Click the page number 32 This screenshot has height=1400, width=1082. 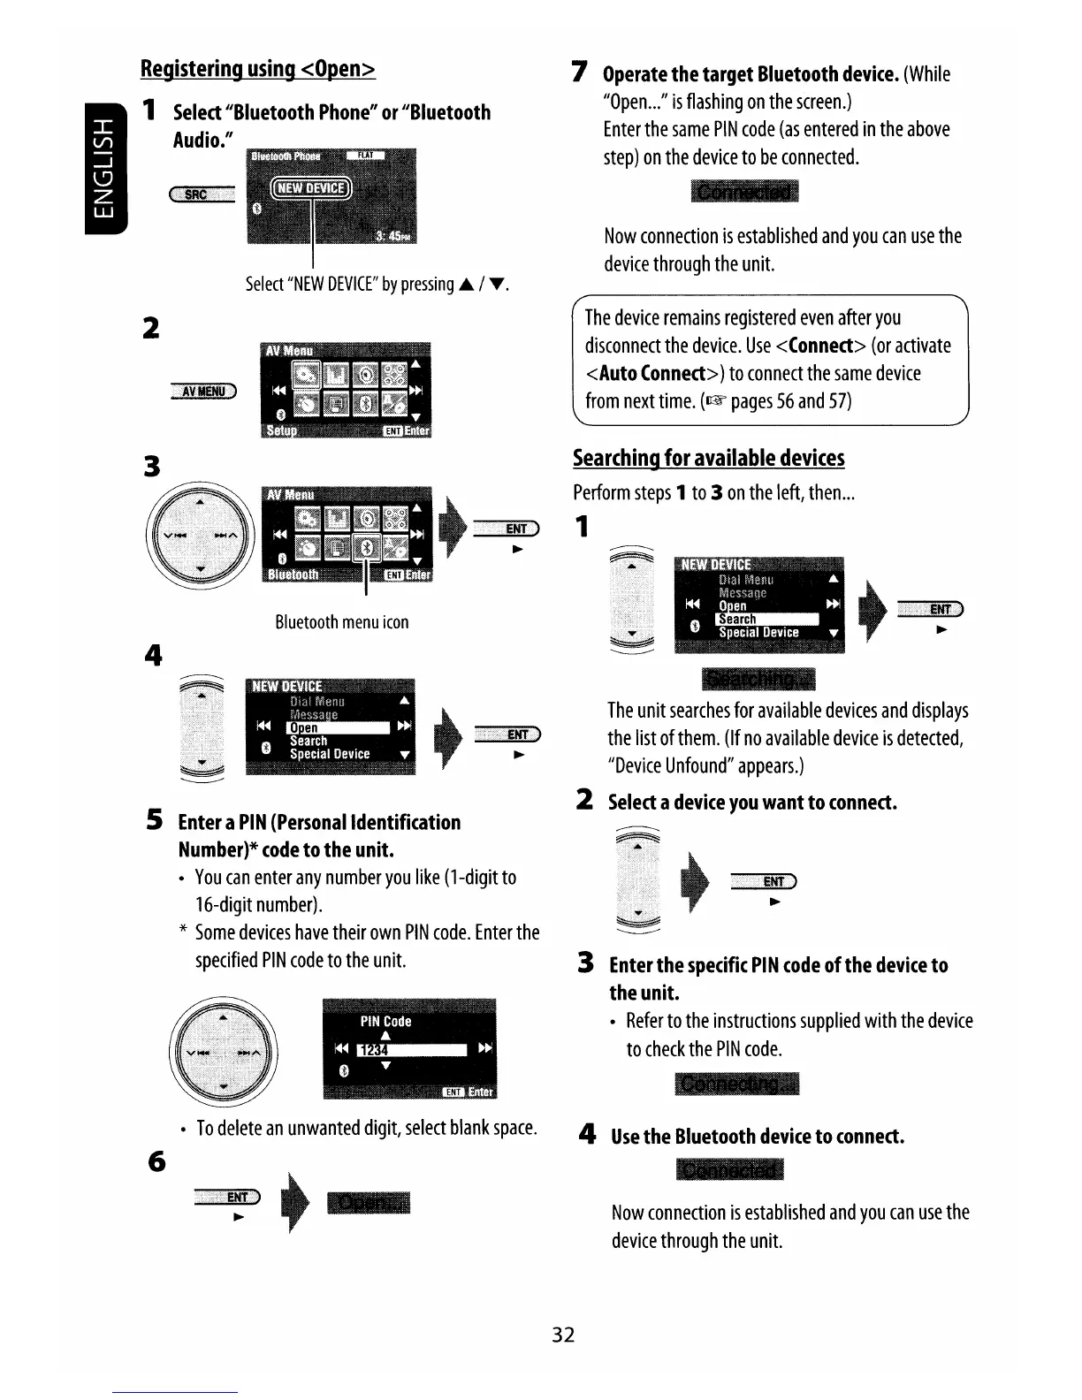coord(563,1335)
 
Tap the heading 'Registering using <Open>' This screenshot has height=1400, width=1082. coord(258,68)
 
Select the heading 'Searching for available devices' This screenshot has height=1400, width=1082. coord(708,458)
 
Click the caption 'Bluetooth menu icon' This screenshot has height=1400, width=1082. coord(341,622)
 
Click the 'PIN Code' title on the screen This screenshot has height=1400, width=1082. coord(385,1022)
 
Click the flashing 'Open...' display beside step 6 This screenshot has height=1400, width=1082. coord(368,1204)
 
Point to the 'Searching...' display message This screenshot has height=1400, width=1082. coord(758,679)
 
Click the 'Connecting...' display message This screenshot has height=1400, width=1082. coord(736,1084)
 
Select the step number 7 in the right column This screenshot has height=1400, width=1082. coord(579,72)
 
